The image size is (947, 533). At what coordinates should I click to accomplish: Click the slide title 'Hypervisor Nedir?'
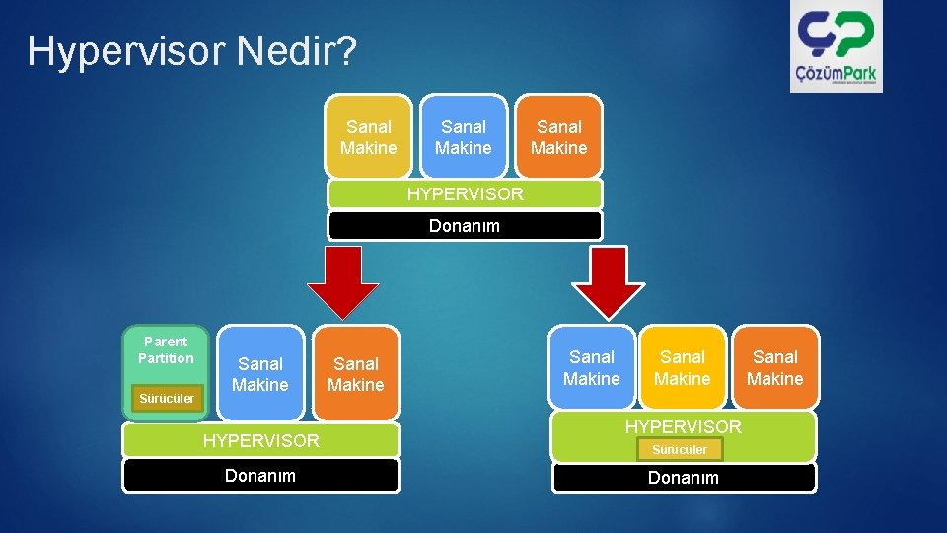tap(191, 51)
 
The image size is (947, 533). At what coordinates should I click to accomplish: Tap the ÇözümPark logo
tap(836, 46)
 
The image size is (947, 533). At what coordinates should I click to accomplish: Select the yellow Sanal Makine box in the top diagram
tap(368, 137)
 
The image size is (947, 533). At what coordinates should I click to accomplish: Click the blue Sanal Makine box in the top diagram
tap(464, 137)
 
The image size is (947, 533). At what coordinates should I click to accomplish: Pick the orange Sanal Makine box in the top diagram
tap(558, 137)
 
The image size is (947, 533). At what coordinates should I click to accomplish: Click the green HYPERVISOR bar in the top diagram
tap(465, 194)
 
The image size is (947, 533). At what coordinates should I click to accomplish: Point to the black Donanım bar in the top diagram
tap(465, 226)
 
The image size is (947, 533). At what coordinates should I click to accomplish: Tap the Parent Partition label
tap(166, 349)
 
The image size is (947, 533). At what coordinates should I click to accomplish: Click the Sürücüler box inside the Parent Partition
tap(167, 399)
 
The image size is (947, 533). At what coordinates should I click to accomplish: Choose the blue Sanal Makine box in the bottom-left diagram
tap(260, 374)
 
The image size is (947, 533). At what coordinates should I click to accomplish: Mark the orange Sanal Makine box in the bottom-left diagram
tap(355, 374)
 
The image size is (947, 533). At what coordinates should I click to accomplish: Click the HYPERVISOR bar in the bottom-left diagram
tap(260, 441)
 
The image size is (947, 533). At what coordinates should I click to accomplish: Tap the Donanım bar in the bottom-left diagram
tap(260, 476)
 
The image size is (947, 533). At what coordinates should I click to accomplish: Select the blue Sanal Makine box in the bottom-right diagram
tap(592, 367)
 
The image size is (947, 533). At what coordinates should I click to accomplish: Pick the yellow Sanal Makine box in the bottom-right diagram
tap(683, 367)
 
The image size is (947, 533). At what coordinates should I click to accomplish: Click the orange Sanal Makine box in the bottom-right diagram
tap(775, 367)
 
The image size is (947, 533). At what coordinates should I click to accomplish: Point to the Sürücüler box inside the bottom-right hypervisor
tap(680, 450)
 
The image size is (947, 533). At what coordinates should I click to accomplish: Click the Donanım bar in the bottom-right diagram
tap(684, 478)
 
